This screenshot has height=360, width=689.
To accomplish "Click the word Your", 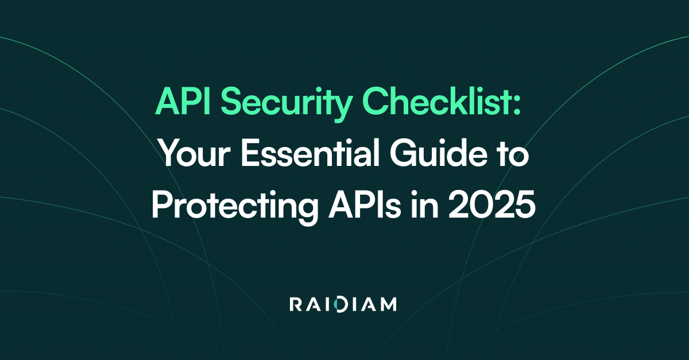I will pyautogui.click(x=190, y=156).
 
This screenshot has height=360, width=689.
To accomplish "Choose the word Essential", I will pyautogui.click(x=304, y=156).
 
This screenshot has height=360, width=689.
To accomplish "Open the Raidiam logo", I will pyautogui.click(x=344, y=304).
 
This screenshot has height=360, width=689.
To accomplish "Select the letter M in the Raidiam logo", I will pyautogui.click(x=387, y=304).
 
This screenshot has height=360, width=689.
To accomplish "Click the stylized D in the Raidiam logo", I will pyautogui.click(x=342, y=304).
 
